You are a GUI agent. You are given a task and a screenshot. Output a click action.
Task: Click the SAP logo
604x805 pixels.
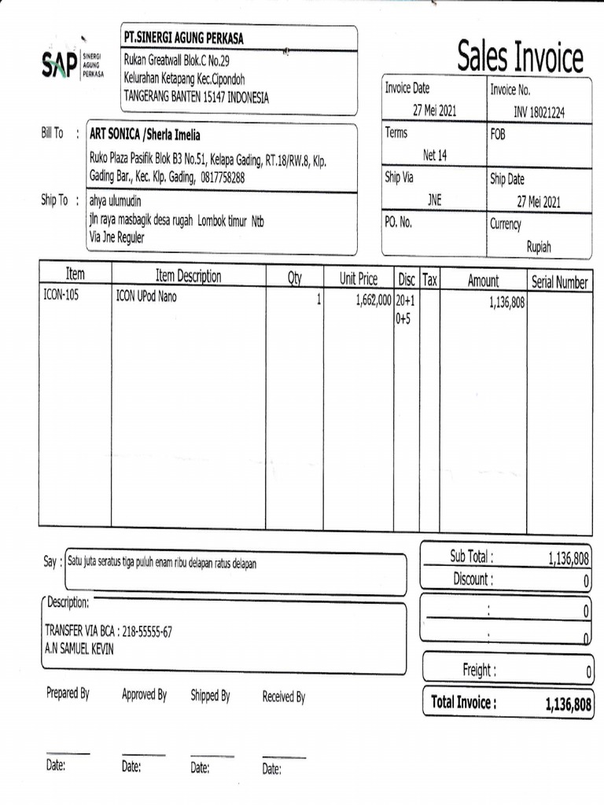[x=60, y=64]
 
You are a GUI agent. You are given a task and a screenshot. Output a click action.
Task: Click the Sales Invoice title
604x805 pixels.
[x=521, y=57]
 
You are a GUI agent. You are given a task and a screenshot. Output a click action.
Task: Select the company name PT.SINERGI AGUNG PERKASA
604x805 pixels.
[x=183, y=38]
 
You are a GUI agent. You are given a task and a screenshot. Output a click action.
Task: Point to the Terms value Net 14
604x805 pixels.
[x=434, y=156]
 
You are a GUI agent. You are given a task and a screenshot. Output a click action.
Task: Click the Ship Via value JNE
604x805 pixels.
[x=434, y=200]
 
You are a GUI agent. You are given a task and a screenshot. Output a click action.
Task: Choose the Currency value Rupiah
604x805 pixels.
[x=539, y=246]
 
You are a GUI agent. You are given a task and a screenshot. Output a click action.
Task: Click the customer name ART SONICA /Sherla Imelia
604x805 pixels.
[x=145, y=134]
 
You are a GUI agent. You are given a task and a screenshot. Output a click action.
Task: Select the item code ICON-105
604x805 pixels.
[x=61, y=297]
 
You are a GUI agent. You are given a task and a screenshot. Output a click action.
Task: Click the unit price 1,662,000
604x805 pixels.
[x=367, y=300]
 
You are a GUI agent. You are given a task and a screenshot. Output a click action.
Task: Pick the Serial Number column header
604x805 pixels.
[x=559, y=281]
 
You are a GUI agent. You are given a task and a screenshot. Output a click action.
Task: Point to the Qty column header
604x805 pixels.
[x=294, y=278]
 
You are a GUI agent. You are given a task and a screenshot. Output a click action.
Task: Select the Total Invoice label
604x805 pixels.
[x=463, y=702]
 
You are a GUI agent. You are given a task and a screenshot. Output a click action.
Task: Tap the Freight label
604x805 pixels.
[x=477, y=670]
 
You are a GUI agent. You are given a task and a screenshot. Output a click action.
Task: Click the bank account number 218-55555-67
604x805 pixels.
[x=145, y=630]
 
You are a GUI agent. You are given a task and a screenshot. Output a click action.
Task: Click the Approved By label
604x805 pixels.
[x=144, y=694]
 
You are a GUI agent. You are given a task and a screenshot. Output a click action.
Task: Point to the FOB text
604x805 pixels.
[x=498, y=134]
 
